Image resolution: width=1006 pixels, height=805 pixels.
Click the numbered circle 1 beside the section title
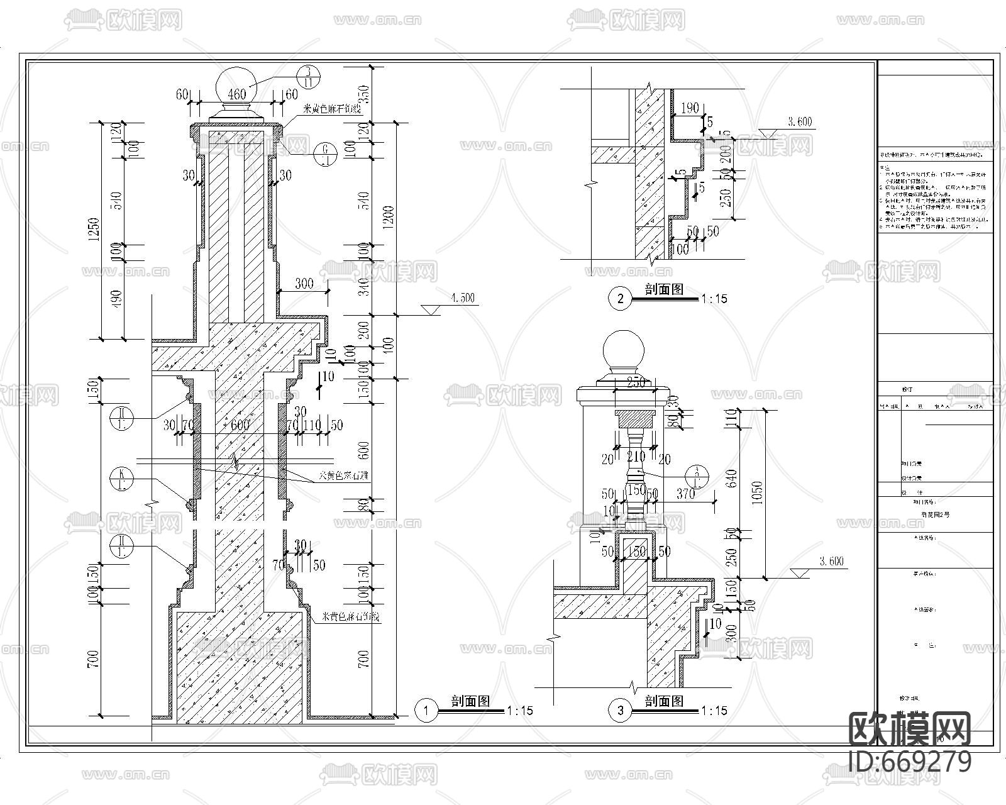[x=427, y=711]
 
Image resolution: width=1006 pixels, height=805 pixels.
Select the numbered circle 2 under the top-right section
[x=621, y=299]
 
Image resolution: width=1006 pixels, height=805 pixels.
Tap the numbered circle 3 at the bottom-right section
[x=621, y=711]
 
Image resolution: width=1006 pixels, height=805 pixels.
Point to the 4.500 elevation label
[x=462, y=298]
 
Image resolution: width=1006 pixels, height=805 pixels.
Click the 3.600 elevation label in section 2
[x=799, y=122]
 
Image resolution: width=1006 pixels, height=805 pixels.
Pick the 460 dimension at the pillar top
[x=236, y=95]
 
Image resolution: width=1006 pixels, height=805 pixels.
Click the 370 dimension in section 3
[x=685, y=494]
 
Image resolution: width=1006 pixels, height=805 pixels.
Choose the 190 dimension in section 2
[x=690, y=108]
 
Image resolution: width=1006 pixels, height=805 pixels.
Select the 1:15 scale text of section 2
[x=713, y=299]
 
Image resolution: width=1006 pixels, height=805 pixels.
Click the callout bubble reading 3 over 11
[x=309, y=77]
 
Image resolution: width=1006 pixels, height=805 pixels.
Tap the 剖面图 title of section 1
[x=470, y=701]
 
